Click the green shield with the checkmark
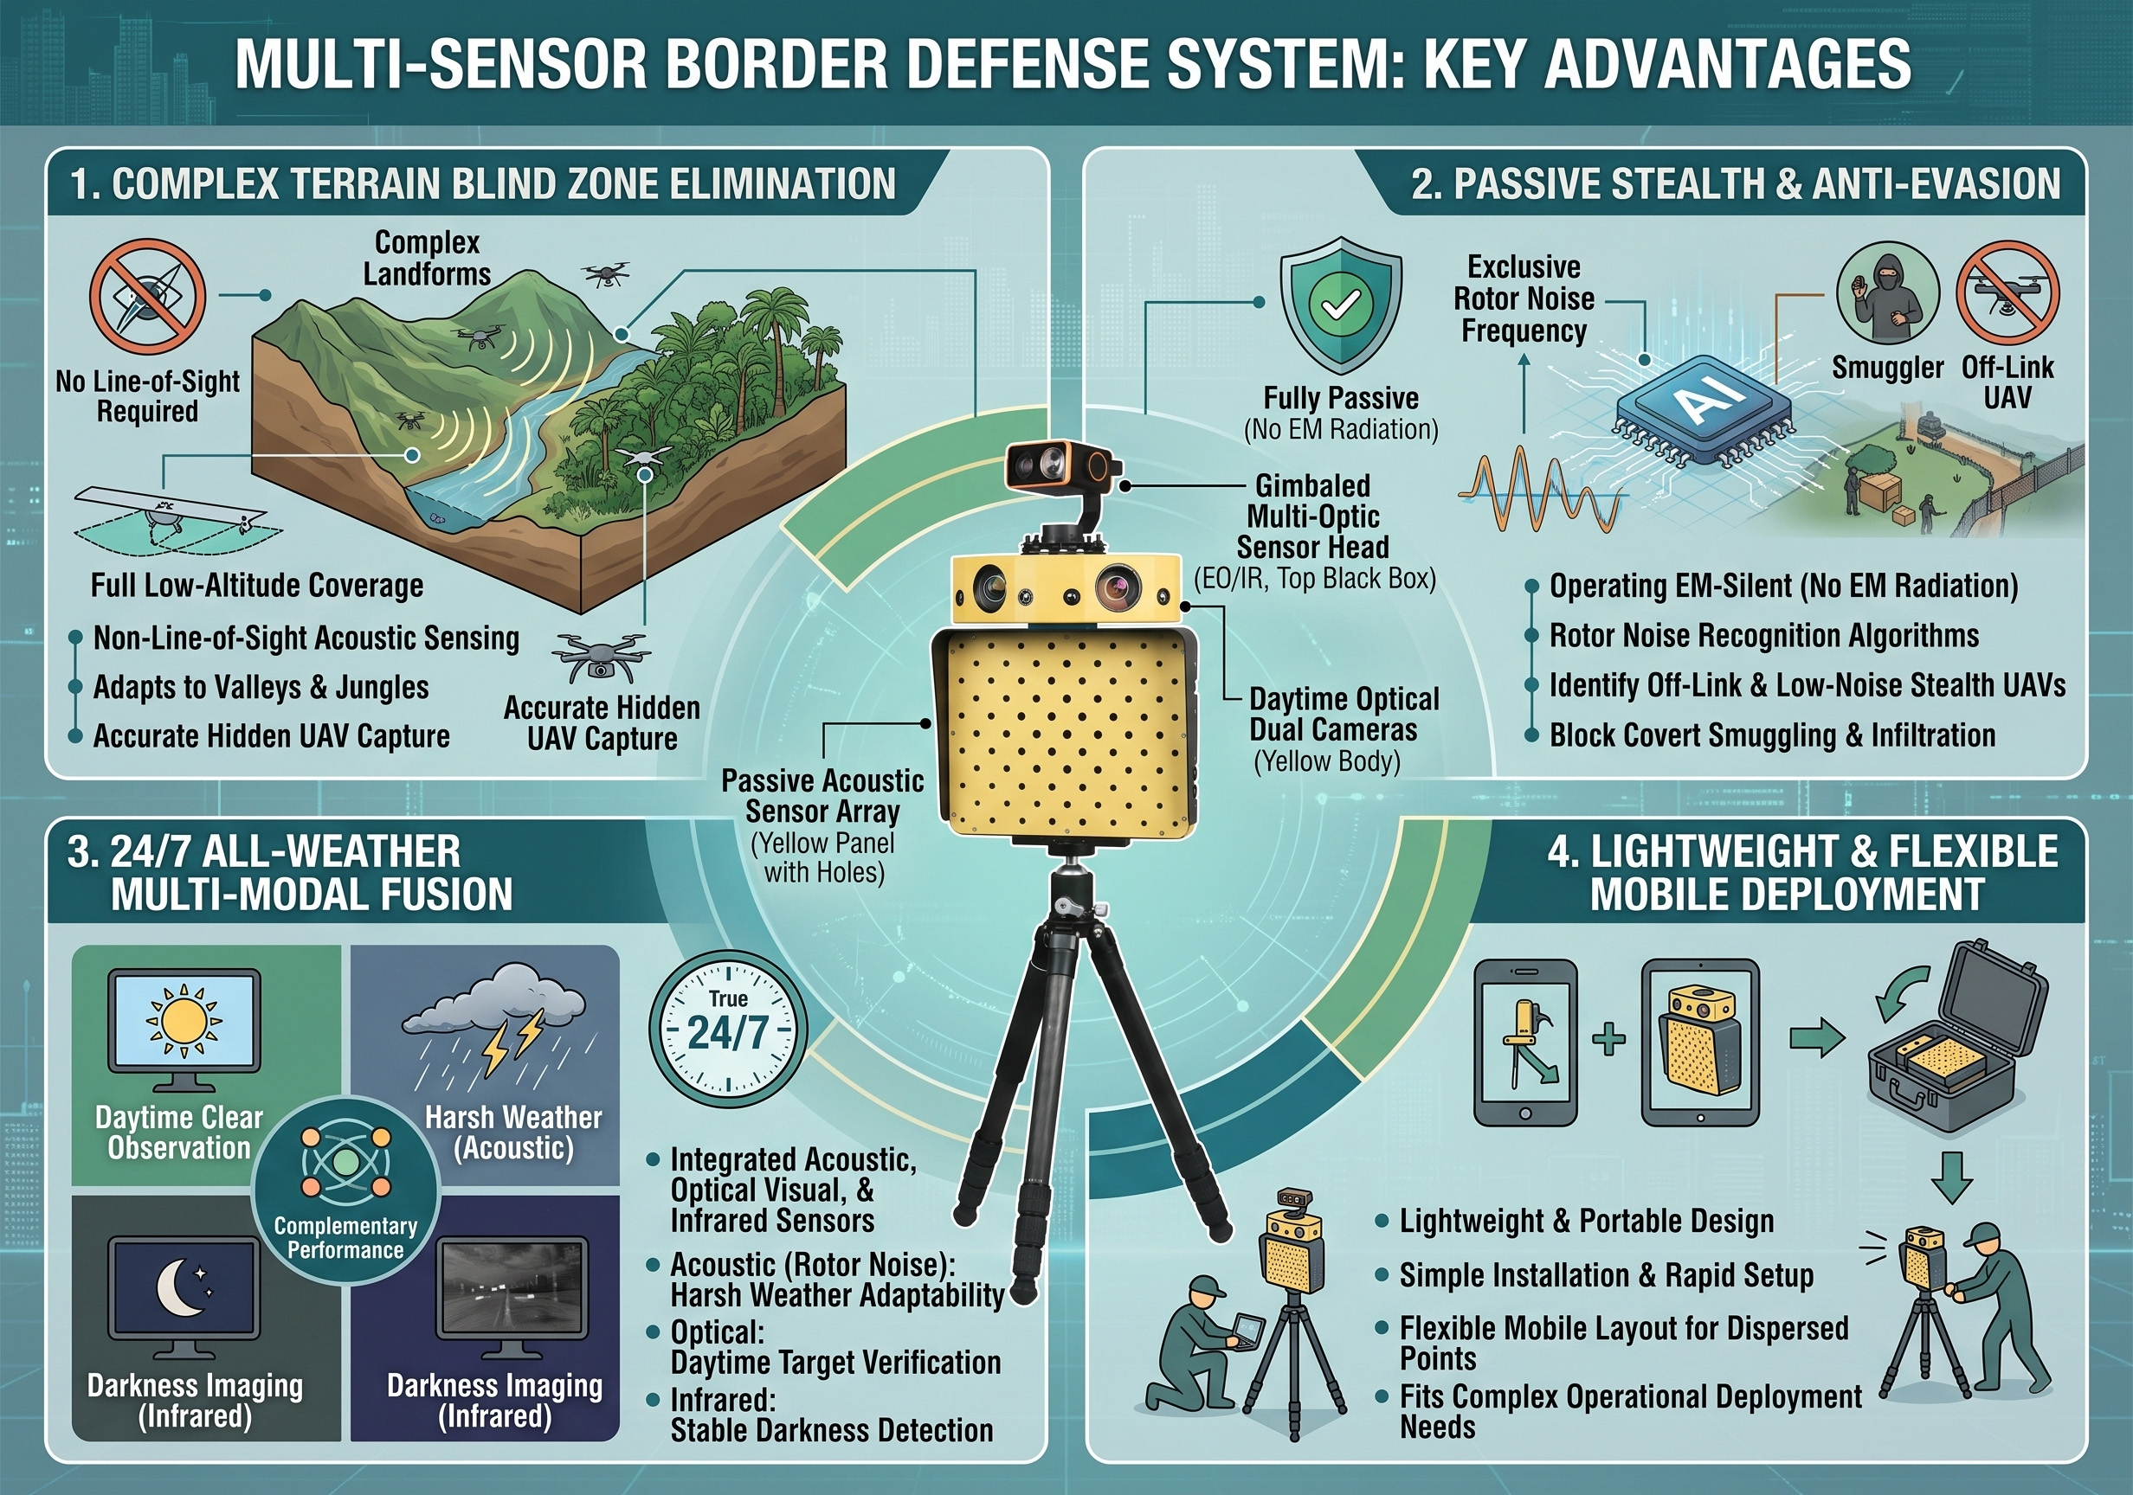(1341, 305)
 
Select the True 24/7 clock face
(727, 1029)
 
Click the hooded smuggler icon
(1887, 294)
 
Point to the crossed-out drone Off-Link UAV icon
(2007, 294)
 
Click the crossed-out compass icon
(148, 296)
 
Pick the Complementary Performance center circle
(345, 1190)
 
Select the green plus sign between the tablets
(1609, 1039)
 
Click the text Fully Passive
(1341, 398)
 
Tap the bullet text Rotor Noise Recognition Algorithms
(1764, 636)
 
